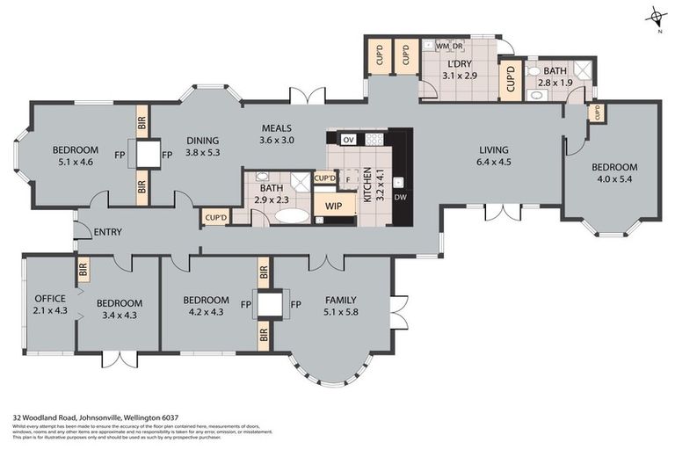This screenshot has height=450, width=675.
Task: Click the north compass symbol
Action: tap(654, 17)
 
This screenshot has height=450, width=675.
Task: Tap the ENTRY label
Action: tap(106, 232)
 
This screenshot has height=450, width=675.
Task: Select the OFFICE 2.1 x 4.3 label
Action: tap(50, 304)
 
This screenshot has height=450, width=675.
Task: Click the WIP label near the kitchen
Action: tap(334, 206)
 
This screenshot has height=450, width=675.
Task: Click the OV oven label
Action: tap(348, 140)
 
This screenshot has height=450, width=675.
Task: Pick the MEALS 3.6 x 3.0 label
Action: tap(277, 134)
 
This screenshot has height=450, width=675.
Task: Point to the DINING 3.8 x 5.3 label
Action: tap(202, 146)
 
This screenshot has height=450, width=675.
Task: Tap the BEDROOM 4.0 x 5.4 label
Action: tap(613, 173)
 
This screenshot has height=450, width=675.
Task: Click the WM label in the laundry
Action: tap(442, 45)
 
